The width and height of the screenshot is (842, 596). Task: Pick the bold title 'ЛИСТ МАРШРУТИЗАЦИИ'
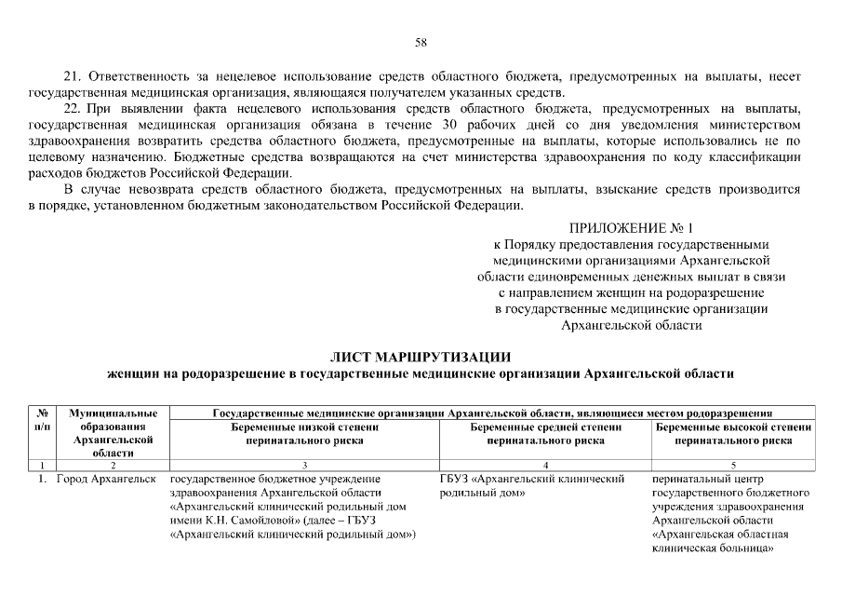pos(421,357)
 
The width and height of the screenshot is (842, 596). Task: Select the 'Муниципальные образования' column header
pos(112,432)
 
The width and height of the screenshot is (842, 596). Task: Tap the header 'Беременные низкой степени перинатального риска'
pos(303,433)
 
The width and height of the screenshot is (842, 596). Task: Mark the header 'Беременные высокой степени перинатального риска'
pos(733,433)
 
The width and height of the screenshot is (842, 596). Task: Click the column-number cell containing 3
pos(303,464)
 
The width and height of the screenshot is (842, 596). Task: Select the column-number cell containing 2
pos(112,464)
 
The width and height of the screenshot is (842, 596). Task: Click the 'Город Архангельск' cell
pos(105,479)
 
